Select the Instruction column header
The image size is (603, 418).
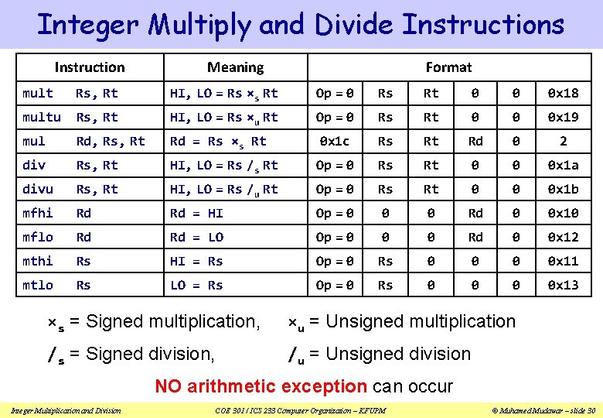click(90, 67)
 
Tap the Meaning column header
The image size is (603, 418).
click(235, 67)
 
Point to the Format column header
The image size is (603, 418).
click(448, 67)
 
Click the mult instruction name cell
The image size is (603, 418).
click(38, 93)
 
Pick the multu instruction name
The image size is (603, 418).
click(42, 117)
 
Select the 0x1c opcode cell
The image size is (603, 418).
click(335, 141)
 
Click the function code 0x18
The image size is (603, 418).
click(563, 93)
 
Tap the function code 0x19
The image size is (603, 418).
click(563, 117)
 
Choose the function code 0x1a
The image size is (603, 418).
click(563, 165)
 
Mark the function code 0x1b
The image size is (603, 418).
click(563, 189)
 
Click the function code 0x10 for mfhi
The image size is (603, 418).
click(563, 213)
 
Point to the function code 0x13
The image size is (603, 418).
click(563, 285)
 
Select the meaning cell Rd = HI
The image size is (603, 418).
click(196, 213)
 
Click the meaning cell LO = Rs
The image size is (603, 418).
click(196, 285)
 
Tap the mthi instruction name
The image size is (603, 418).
click(38, 261)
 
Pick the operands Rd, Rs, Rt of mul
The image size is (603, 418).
click(110, 141)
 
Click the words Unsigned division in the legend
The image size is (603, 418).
click(398, 354)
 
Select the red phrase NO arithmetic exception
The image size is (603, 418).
click(261, 385)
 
